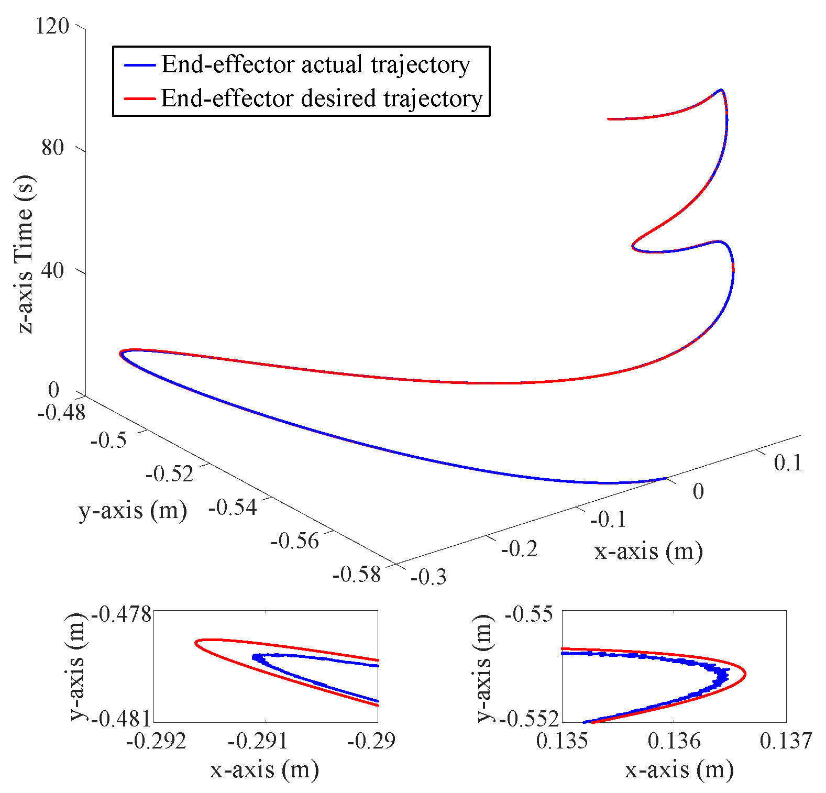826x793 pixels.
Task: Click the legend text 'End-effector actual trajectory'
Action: [315, 64]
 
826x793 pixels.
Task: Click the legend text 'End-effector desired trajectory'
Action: [321, 98]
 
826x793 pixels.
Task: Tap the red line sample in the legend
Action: [139, 98]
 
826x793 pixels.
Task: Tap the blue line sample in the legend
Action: [139, 65]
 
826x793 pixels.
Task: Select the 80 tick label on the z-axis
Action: [52, 148]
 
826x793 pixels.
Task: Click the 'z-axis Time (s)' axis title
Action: [25, 254]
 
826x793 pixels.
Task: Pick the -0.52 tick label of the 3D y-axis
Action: [170, 473]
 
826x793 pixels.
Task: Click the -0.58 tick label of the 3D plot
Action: [357, 574]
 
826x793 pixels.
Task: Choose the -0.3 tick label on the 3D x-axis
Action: [428, 577]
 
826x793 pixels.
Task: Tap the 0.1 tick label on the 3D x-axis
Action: [788, 462]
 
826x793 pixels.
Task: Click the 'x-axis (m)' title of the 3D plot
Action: [648, 551]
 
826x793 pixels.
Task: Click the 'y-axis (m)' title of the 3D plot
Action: [133, 510]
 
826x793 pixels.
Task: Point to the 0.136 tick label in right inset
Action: [674, 741]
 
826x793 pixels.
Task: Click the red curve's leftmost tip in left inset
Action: [196, 642]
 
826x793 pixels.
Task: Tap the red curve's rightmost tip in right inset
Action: [745, 675]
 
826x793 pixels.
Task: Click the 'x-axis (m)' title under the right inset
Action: [679, 769]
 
